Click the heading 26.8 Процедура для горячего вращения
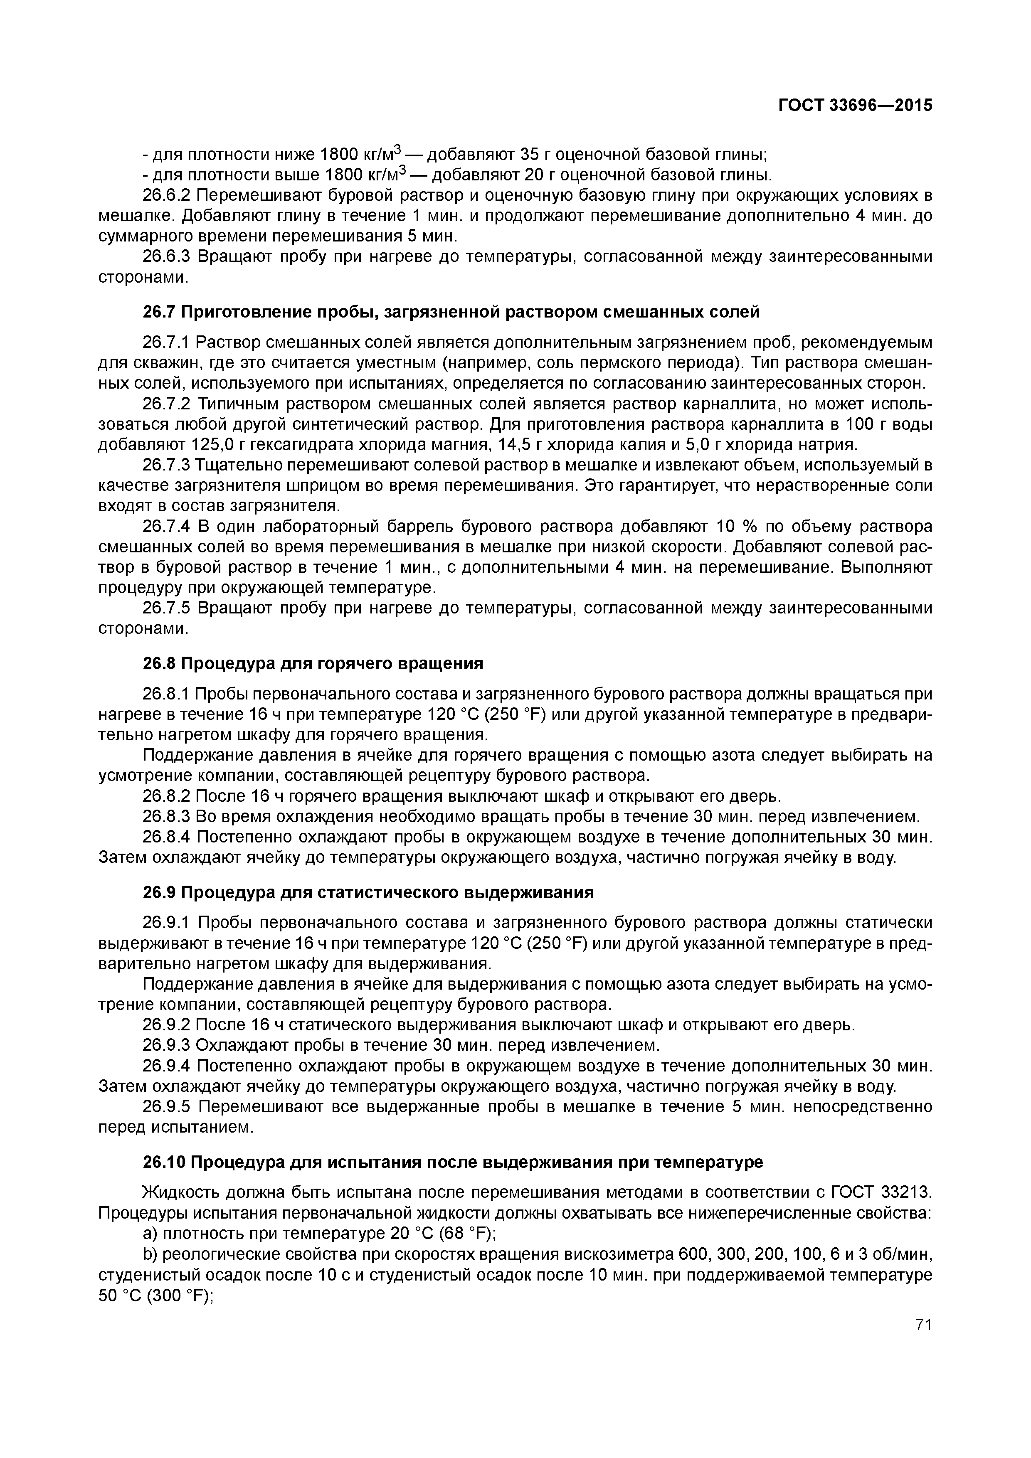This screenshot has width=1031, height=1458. coord(313,664)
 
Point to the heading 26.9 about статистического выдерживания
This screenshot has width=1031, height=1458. coord(368,892)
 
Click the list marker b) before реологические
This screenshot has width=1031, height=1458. coord(150,1254)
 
